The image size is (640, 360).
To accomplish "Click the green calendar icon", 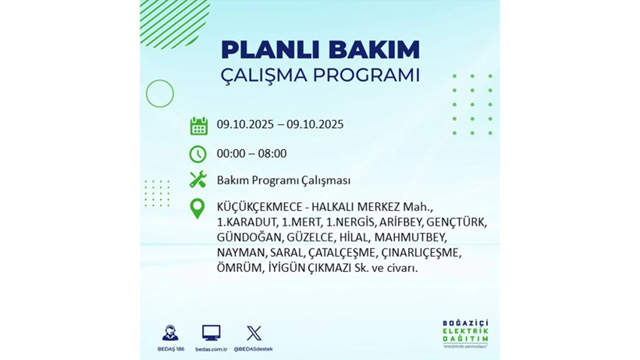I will (198, 126).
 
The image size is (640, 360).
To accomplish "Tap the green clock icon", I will (198, 154).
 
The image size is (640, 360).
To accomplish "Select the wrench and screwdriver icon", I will (198, 180).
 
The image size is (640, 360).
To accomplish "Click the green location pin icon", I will (198, 208).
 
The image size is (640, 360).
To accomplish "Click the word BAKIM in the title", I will (373, 50).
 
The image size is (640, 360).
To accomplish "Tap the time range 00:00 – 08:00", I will (251, 154).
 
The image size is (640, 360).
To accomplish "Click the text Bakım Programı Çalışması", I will (283, 180).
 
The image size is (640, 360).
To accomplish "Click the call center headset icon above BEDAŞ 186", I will (170, 333).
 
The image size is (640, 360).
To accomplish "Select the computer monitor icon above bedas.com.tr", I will (211, 333).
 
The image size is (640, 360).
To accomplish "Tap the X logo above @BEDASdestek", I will (254, 333).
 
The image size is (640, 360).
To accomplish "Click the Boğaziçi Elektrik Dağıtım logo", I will (465, 334).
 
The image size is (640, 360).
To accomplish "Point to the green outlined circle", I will (159, 94).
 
